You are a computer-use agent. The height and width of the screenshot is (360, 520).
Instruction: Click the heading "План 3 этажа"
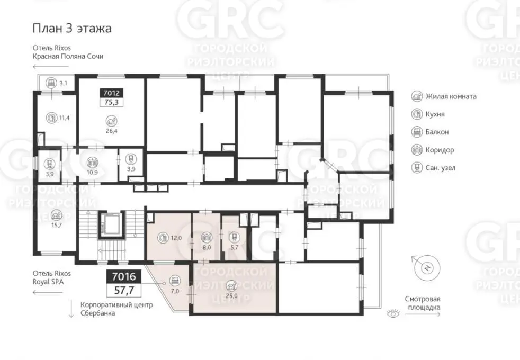[x=72, y=29]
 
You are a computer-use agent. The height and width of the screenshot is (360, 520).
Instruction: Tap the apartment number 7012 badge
[x=111, y=93]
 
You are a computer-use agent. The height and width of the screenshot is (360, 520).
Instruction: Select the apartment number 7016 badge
[x=124, y=276]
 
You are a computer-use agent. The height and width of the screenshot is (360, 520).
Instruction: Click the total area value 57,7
[x=124, y=291]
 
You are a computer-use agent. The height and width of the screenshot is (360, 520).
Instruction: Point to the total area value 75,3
[x=111, y=102]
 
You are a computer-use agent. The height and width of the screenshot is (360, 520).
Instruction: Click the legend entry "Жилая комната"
[x=444, y=96]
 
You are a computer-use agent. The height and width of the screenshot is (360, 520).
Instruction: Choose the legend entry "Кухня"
[x=428, y=114]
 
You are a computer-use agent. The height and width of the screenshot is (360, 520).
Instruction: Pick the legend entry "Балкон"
[x=430, y=132]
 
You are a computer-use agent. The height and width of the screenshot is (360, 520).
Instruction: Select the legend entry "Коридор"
[x=433, y=150]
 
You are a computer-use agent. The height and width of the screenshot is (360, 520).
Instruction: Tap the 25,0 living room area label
[x=231, y=296]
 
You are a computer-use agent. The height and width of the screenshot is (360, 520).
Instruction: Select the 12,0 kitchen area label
[x=176, y=238]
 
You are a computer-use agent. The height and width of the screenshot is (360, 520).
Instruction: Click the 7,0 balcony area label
[x=175, y=291]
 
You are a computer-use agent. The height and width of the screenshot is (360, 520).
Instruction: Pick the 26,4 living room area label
[x=111, y=131]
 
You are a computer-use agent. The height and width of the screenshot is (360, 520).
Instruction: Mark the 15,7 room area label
[x=56, y=225]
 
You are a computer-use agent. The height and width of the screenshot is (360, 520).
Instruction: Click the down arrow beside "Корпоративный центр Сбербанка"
[x=71, y=309]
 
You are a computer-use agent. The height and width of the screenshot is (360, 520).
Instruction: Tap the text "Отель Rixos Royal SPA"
[x=52, y=278]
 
